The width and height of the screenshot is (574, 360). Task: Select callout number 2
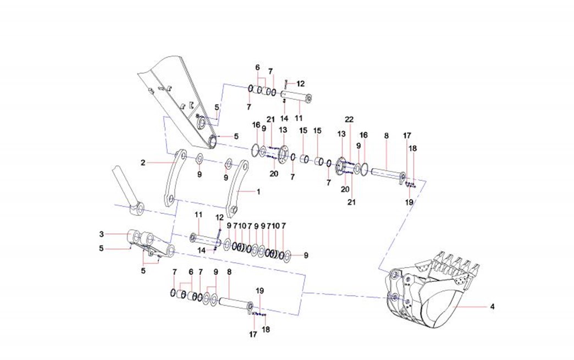click(x=142, y=163)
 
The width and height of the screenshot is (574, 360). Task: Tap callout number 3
click(x=102, y=234)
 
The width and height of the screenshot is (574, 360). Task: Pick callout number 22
click(x=349, y=119)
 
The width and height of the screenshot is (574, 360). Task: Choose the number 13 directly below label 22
click(x=341, y=134)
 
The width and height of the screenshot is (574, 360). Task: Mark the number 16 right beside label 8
click(x=363, y=135)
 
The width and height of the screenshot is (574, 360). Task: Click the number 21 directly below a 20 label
click(x=351, y=202)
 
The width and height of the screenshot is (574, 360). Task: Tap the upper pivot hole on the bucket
click(x=394, y=274)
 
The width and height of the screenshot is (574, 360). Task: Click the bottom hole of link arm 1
click(x=234, y=210)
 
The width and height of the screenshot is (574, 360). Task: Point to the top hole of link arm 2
click(x=179, y=157)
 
